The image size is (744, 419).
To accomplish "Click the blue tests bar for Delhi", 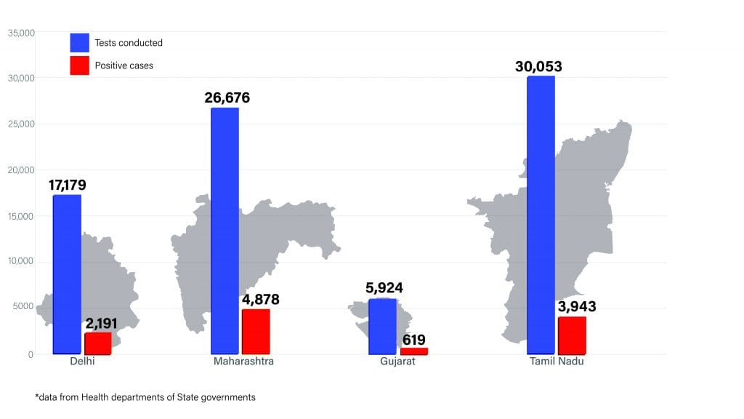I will [x=67, y=274].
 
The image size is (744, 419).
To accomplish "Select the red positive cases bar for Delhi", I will [x=98, y=343].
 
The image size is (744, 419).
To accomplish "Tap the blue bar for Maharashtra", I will [x=225, y=231].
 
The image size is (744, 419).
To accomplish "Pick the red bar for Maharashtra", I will [x=256, y=332].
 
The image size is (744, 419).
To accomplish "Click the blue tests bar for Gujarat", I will [x=382, y=326].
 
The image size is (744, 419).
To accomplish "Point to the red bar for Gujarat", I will [x=413, y=351].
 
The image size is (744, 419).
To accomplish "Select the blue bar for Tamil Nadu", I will [x=541, y=215].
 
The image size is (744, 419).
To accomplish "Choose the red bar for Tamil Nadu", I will [x=572, y=335].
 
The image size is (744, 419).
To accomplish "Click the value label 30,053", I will [x=538, y=67].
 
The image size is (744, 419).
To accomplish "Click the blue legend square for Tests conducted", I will [x=80, y=42].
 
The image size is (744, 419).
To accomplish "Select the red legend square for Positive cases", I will [x=80, y=65].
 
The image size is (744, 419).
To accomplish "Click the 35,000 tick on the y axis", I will [x=22, y=33].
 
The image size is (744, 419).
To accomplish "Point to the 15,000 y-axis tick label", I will [x=22, y=216].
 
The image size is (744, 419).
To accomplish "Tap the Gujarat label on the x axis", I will [x=397, y=362].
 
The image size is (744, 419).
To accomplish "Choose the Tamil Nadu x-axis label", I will [x=557, y=362].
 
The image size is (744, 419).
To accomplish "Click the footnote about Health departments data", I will [x=145, y=397].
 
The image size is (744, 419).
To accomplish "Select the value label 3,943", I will [x=577, y=307].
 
